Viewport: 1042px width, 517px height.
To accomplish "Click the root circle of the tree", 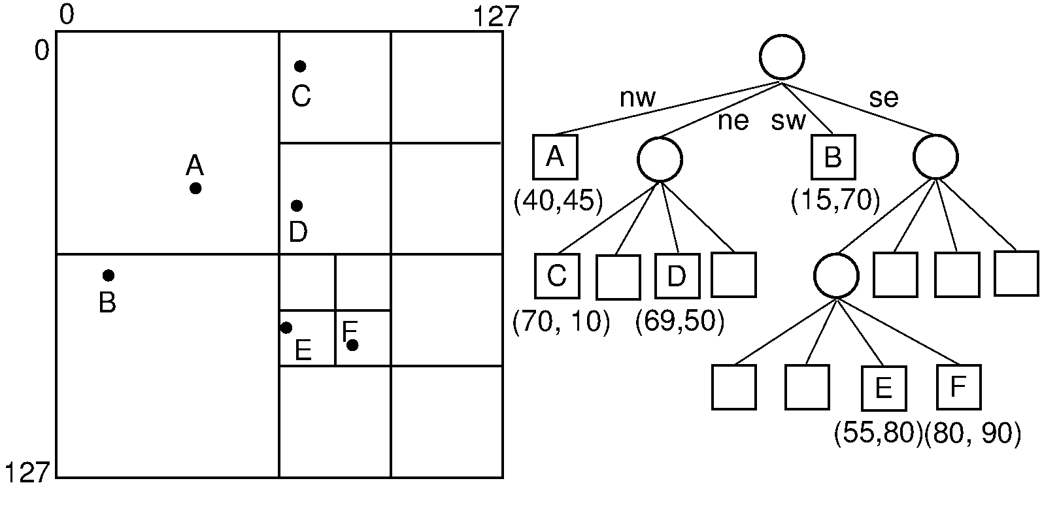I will [781, 57].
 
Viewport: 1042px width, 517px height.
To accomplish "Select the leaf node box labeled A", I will [555, 157].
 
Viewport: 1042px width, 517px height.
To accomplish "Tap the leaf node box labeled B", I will [833, 157].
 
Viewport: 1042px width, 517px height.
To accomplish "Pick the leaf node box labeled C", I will [557, 275].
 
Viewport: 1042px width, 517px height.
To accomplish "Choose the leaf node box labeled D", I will [677, 275].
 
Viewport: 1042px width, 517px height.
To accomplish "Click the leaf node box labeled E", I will [883, 388].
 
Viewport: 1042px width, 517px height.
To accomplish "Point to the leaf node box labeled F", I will [958, 387].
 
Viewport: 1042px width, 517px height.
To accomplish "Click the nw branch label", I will [637, 98].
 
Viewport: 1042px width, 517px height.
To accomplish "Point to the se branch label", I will [883, 98].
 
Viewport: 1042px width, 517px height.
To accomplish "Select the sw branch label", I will [788, 121].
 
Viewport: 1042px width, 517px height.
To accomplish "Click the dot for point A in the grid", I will [195, 188].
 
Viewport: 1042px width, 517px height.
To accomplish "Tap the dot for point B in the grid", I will [109, 275].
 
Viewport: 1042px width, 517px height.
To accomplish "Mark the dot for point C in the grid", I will [300, 66].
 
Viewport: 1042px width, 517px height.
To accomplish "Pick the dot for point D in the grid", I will [297, 206].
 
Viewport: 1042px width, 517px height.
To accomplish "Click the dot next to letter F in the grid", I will [352, 345].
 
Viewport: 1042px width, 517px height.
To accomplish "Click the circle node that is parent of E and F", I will [836, 275].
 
